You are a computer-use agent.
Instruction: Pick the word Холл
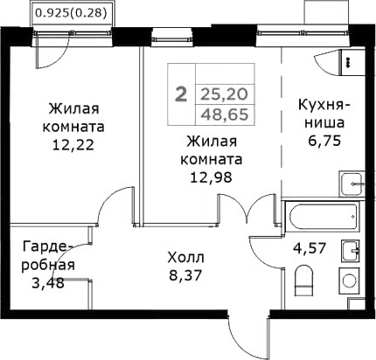[185, 259]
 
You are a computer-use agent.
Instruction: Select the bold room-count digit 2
[181, 93]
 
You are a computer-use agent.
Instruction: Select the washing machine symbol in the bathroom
[350, 281]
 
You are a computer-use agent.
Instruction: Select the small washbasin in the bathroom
[351, 248]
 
